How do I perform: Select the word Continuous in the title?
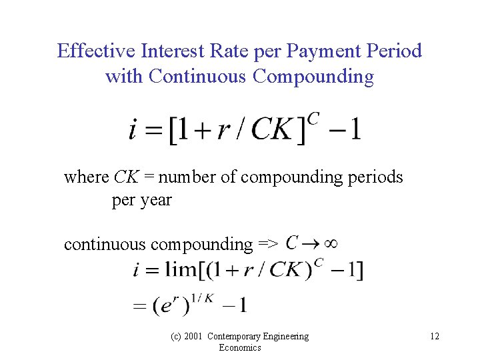point(198,77)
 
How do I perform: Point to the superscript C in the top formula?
point(313,119)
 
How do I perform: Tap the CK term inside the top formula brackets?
point(272,129)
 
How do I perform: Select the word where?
point(86,177)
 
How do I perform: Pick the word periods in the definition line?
point(377,177)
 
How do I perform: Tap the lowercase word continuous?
point(105,244)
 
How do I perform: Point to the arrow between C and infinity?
point(309,243)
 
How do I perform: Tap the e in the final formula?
point(171,307)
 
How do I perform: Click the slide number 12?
point(435,336)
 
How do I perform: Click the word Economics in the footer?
point(239,347)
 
